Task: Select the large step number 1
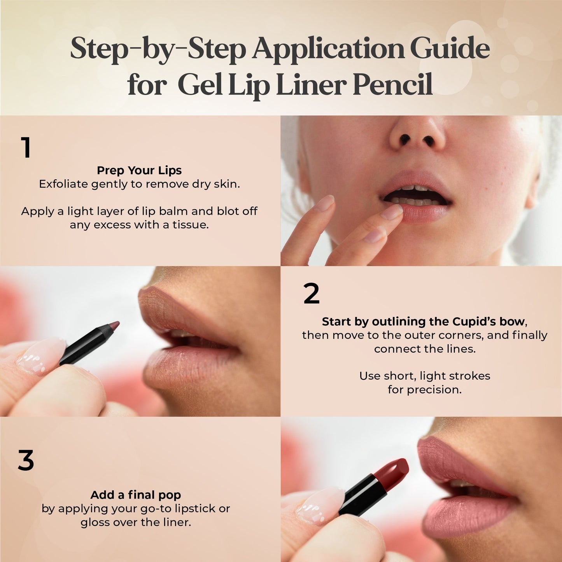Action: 26,148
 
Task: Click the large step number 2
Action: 311,294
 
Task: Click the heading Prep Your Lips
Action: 139,170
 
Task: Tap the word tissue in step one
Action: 191,225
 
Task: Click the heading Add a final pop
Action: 136,495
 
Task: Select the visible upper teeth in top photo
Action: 414,188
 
